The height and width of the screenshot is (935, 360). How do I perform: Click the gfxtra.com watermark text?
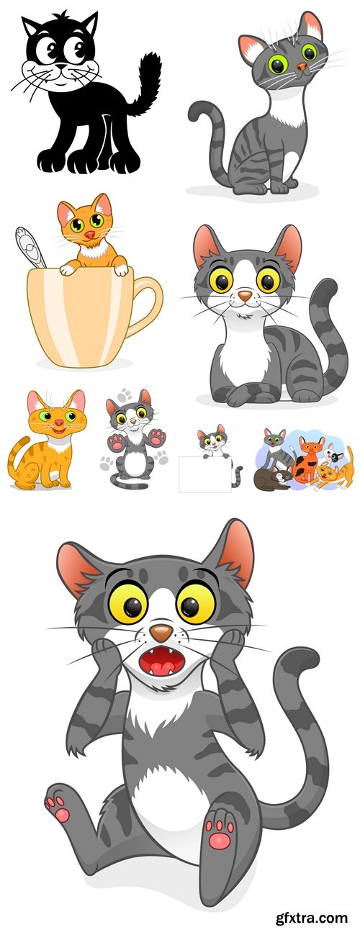pyautogui.click(x=312, y=918)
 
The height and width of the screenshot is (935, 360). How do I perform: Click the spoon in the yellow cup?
pyautogui.click(x=30, y=247)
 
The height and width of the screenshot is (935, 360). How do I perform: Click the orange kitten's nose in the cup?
pyautogui.click(x=89, y=234)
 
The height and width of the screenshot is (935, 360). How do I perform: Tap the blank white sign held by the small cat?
pyautogui.click(x=205, y=474)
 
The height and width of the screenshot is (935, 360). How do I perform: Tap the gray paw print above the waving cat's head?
pyautogui.click(x=125, y=394)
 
